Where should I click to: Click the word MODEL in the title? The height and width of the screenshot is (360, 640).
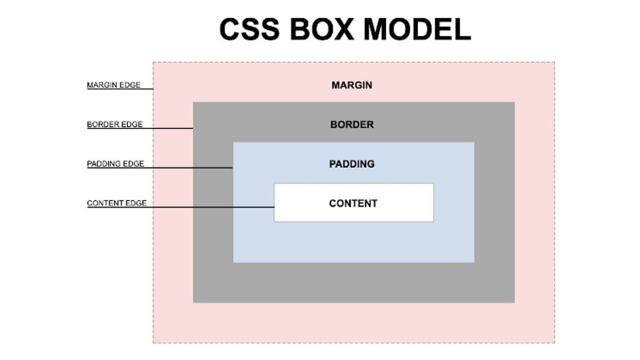pyautogui.click(x=421, y=29)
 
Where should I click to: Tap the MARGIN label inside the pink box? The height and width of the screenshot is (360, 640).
pyautogui.click(x=351, y=85)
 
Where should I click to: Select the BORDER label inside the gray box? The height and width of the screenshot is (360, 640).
pyautogui.click(x=351, y=125)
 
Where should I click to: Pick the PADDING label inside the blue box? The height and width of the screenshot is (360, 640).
pyautogui.click(x=351, y=164)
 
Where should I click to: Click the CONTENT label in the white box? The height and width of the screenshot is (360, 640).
pyautogui.click(x=353, y=203)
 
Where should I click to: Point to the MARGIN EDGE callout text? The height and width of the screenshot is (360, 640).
pyautogui.click(x=114, y=85)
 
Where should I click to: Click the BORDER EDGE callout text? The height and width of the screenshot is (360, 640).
pyautogui.click(x=115, y=124)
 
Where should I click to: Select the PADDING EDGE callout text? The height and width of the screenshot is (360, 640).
pyautogui.click(x=115, y=164)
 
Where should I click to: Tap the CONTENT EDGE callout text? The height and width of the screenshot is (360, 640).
pyautogui.click(x=116, y=203)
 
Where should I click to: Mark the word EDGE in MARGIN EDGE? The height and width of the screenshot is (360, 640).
pyautogui.click(x=131, y=85)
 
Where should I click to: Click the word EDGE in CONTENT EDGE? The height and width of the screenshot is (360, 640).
pyautogui.click(x=136, y=203)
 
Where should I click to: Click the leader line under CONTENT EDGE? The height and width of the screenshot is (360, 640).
pyautogui.click(x=213, y=207)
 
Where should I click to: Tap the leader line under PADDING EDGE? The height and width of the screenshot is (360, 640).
pyautogui.click(x=187, y=167)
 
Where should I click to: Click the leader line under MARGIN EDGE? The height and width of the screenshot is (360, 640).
pyautogui.click(x=147, y=89)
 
